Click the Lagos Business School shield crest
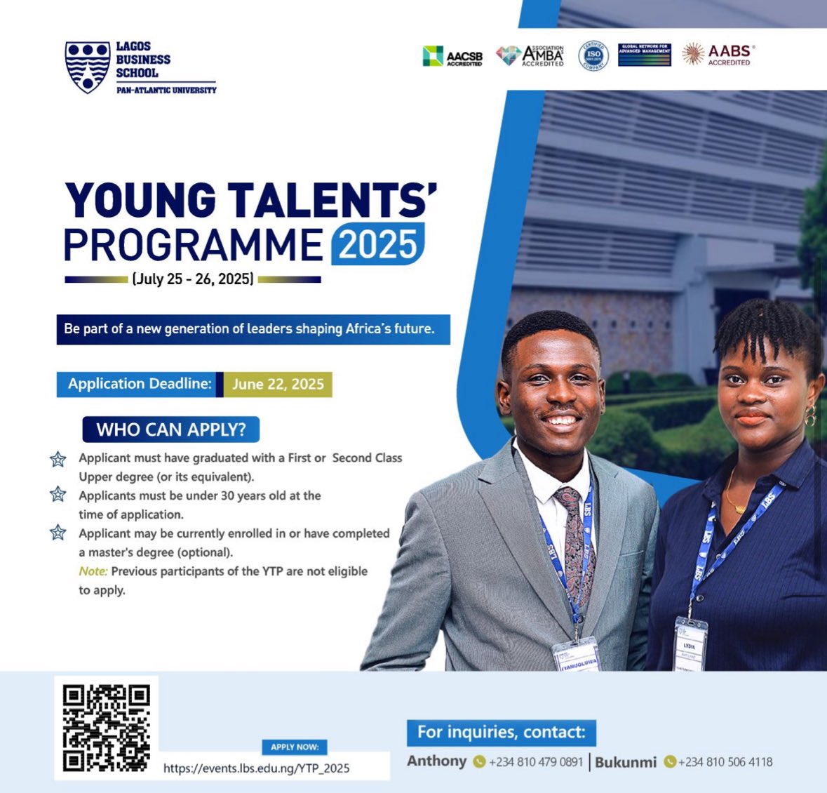(x=88, y=67)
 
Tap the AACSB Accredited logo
(x=452, y=56)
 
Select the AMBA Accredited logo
(x=530, y=55)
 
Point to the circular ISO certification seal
(x=593, y=55)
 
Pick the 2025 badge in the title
(x=378, y=245)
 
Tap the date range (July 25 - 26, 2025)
(x=192, y=279)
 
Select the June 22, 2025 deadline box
(x=278, y=385)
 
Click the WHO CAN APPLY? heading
(x=171, y=429)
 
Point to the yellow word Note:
(x=93, y=571)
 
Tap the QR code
(x=106, y=728)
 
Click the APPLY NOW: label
(x=295, y=747)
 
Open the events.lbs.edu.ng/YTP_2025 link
(x=256, y=768)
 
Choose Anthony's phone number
(x=535, y=762)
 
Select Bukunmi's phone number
(x=725, y=762)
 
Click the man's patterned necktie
(x=574, y=540)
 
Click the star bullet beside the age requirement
(x=58, y=495)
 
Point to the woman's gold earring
(x=811, y=415)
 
